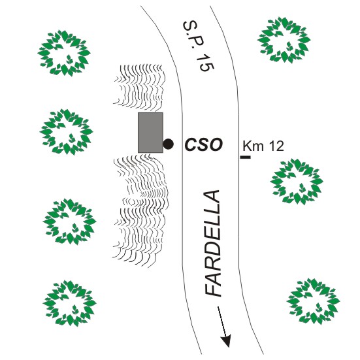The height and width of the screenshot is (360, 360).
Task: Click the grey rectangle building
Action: (150, 133)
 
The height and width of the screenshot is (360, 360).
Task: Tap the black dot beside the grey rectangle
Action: (168, 144)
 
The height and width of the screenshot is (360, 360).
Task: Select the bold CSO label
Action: (204, 144)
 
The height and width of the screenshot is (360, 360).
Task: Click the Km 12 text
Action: (263, 146)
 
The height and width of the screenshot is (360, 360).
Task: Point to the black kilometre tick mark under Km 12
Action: (246, 157)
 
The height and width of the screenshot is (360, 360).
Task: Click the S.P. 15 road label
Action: (199, 46)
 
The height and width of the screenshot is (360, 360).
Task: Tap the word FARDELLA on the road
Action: (212, 243)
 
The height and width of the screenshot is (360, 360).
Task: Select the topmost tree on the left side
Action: (64, 53)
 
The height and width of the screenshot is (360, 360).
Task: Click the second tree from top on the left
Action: (67, 132)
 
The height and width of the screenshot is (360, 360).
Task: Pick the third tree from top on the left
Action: (69, 221)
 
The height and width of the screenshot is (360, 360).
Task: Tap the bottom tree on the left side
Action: (69, 303)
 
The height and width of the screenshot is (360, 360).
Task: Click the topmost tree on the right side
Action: (284, 40)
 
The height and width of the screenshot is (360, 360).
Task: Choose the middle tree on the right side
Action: (297, 181)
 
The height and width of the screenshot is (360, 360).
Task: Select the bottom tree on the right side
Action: (313, 301)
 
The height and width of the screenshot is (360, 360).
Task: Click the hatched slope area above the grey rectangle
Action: (140, 86)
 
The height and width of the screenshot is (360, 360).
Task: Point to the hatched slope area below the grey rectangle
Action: (140, 211)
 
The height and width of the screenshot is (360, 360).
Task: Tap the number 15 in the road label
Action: (205, 62)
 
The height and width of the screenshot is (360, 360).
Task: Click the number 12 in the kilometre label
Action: (276, 146)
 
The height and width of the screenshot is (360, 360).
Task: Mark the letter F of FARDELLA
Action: (212, 289)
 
